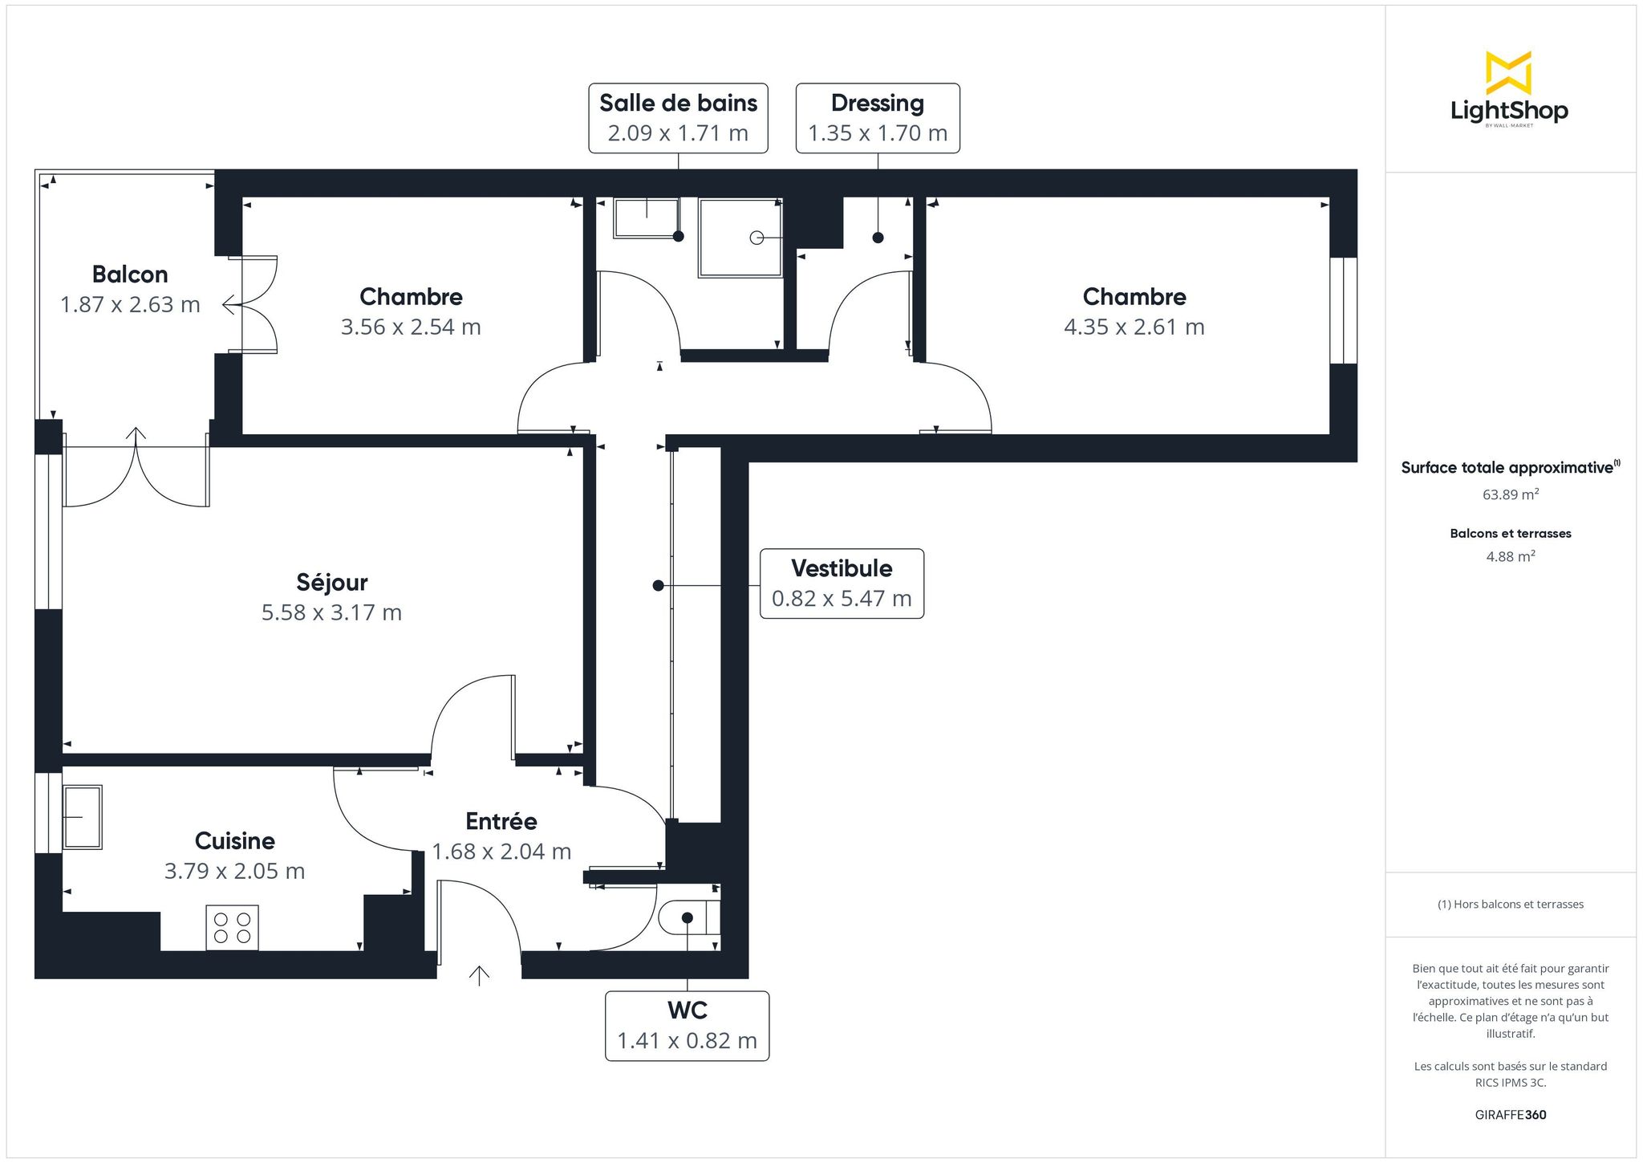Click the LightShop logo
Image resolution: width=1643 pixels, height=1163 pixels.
coord(1509,89)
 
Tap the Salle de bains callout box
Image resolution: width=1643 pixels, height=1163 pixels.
coord(678,118)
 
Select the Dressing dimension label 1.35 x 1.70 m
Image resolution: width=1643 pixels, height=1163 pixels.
coord(878,133)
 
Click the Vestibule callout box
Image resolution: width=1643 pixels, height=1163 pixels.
coord(842,584)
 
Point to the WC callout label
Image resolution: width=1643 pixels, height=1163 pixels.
coord(687,1026)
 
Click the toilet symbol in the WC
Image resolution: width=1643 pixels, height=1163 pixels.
coord(688,917)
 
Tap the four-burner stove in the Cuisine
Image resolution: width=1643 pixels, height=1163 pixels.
coord(233,928)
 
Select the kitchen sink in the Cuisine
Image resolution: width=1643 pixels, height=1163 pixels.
coord(83,817)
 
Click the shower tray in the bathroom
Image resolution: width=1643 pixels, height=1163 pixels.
coord(740,238)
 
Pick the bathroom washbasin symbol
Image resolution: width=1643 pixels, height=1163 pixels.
coord(646,218)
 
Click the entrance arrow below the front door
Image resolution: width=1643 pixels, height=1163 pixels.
coord(479,975)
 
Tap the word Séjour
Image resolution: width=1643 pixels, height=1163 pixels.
coord(332,582)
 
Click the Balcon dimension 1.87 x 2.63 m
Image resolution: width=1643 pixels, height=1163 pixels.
coord(130,305)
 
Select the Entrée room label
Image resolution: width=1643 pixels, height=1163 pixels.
coord(501,821)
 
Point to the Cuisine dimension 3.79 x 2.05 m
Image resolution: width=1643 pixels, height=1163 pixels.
coord(235,872)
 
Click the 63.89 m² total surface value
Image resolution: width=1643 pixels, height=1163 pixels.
coord(1511,494)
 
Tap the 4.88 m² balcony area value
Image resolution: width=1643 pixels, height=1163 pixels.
coord(1511,556)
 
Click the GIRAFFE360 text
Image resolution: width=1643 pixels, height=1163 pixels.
coord(1511,1115)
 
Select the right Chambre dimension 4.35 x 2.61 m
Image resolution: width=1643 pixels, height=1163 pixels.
coord(1134,327)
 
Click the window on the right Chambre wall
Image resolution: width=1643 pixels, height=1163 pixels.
coord(1344,310)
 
